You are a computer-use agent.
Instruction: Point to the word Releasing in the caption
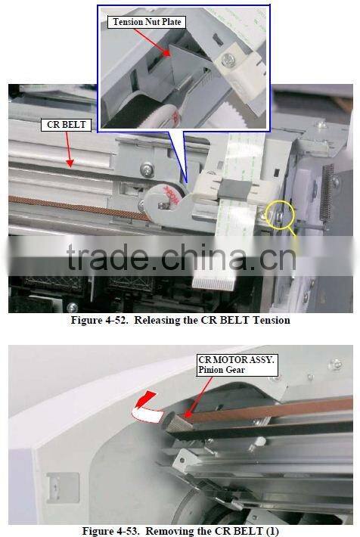point(155,320)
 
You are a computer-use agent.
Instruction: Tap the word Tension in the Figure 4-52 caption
point(268,320)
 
